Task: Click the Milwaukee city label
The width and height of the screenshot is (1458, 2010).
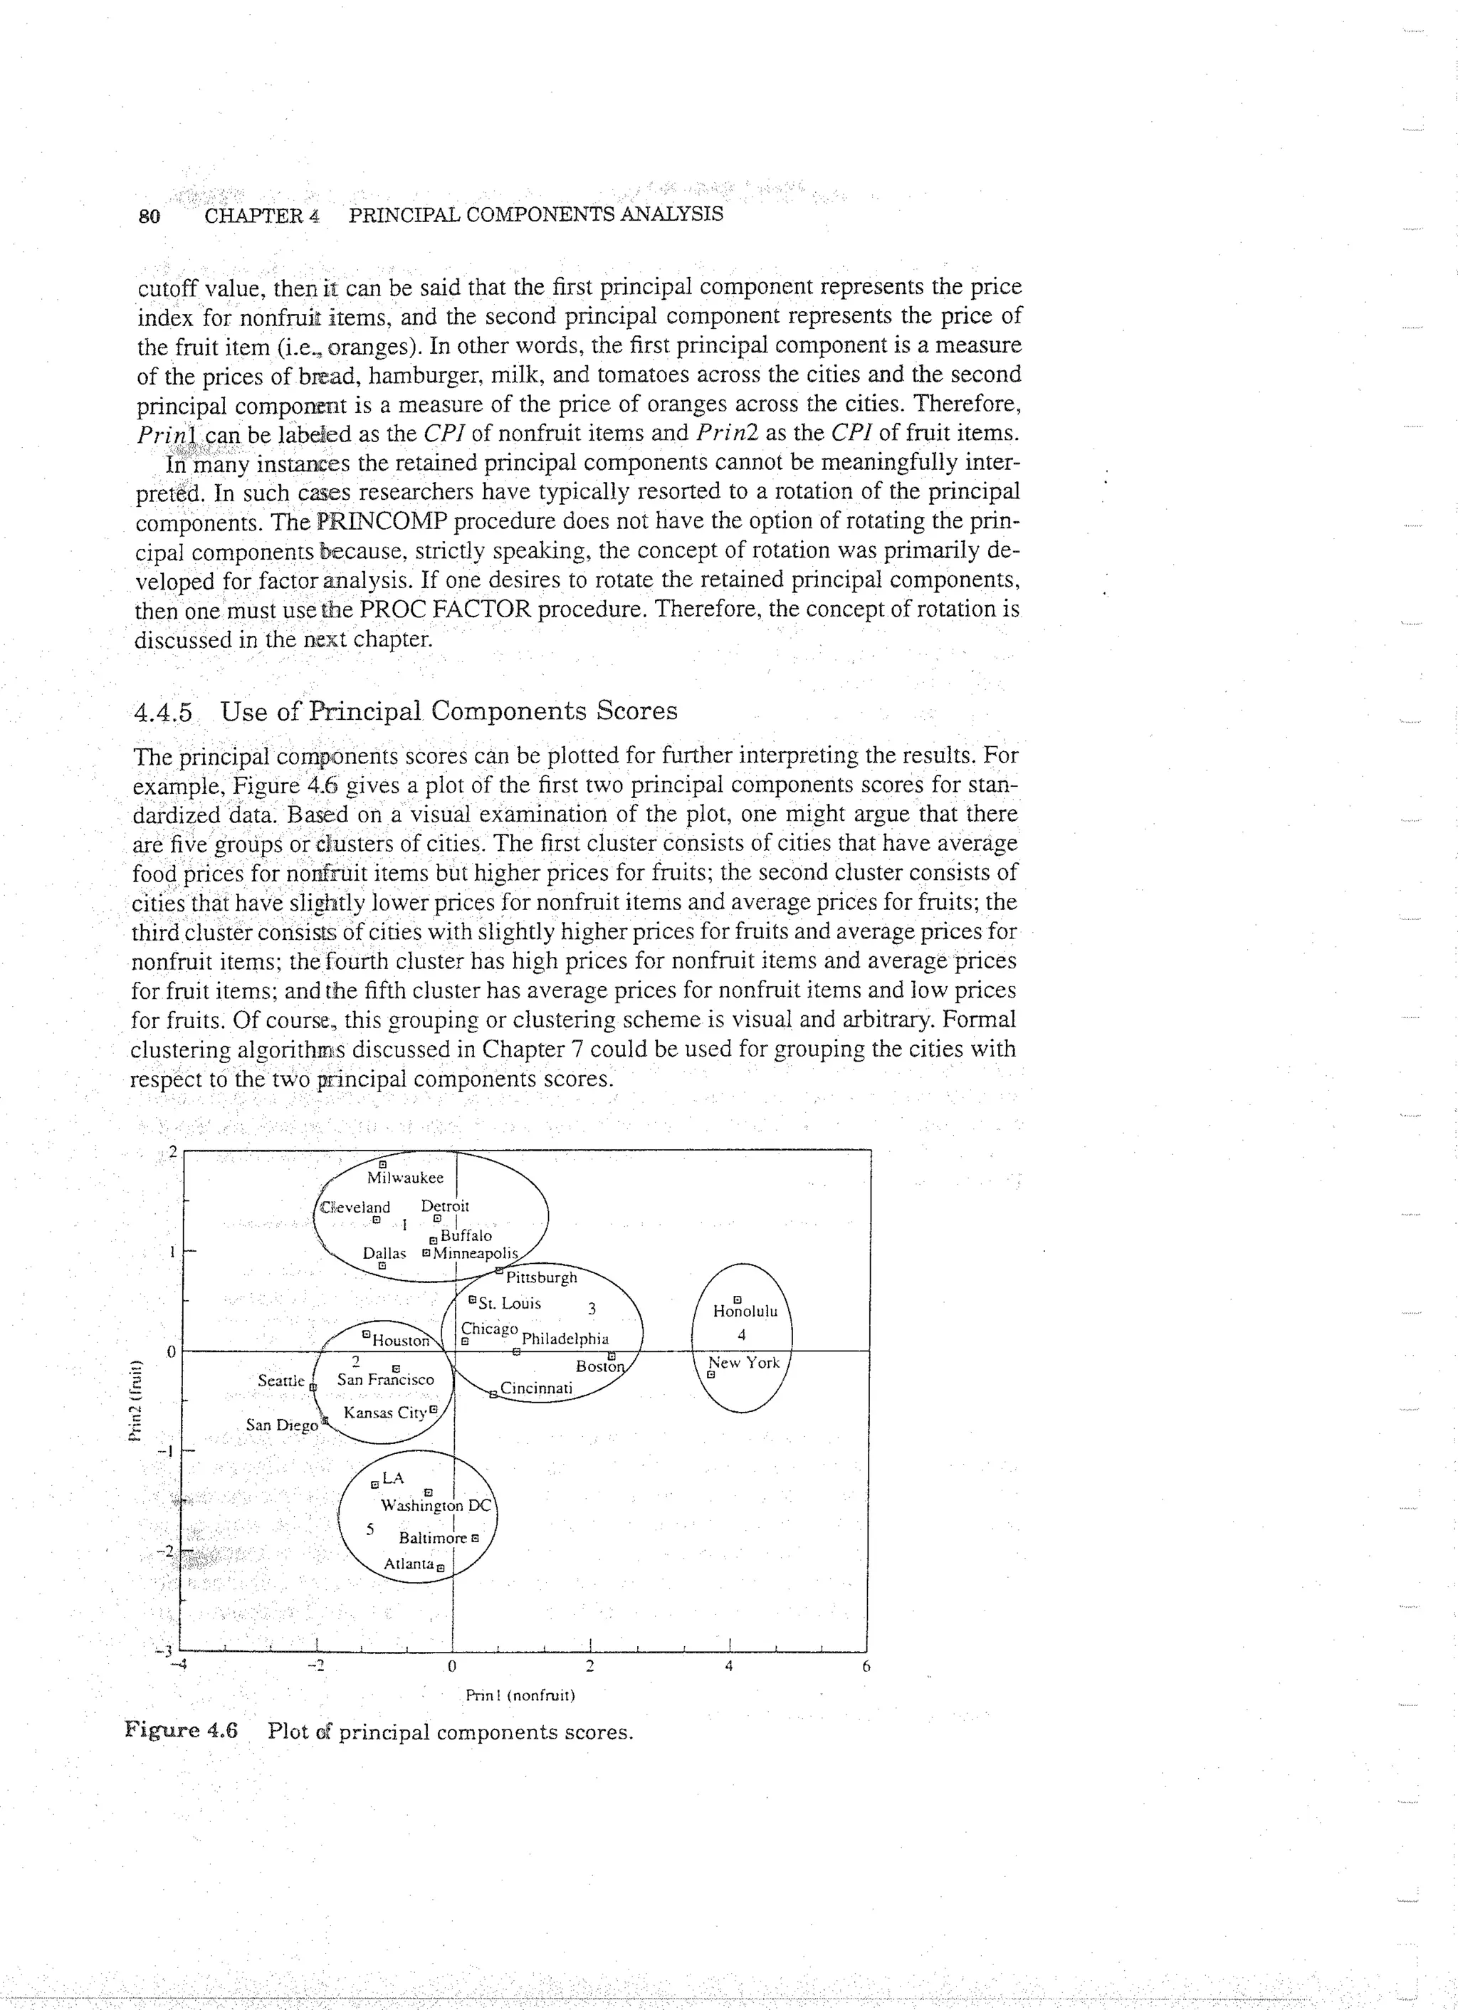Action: pos(405,1178)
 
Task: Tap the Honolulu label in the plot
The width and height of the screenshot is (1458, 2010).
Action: pos(745,1312)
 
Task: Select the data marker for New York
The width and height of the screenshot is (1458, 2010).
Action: pos(710,1376)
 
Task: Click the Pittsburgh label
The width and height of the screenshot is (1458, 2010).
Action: pos(540,1277)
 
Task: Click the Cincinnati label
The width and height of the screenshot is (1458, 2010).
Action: pos(537,1387)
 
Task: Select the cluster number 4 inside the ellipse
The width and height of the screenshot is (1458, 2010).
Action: pos(742,1335)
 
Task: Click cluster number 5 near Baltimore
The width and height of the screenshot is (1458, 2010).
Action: pos(370,1529)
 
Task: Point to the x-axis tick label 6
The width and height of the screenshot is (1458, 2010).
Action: pos(866,1666)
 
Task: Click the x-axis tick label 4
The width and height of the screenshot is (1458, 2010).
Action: pos(728,1666)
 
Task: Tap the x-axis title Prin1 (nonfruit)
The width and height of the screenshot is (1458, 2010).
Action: pos(520,1695)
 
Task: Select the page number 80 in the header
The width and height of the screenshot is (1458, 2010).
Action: pos(150,215)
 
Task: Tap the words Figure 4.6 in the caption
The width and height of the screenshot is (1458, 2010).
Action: pos(182,1730)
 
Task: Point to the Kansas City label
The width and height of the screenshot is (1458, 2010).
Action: pos(384,1412)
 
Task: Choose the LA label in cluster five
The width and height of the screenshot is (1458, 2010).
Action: pos(393,1478)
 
